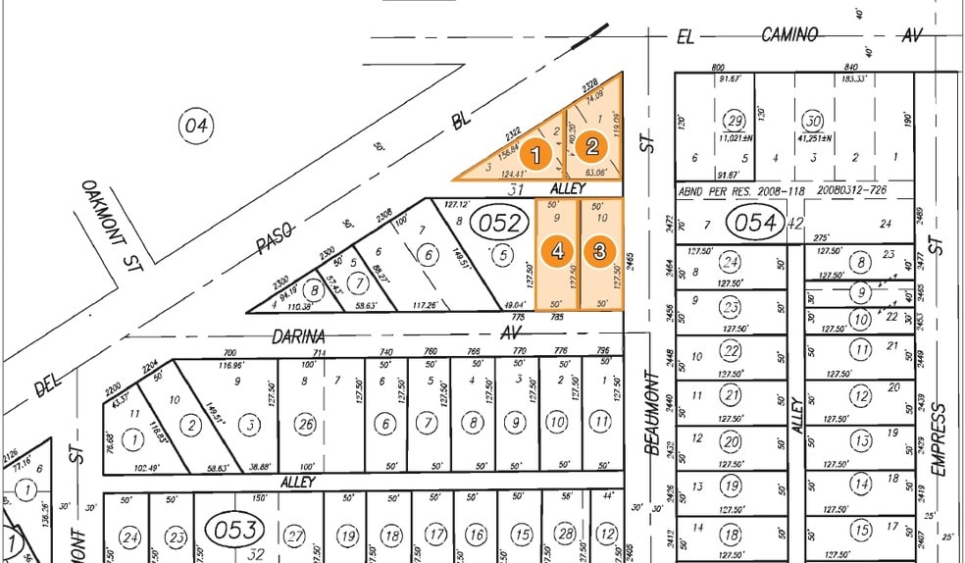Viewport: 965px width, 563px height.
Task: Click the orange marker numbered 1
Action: coord(535,154)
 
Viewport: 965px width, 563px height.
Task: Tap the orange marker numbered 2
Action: coord(591,147)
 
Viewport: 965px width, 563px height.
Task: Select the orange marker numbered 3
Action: coord(599,251)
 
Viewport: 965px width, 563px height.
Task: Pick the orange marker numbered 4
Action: coord(558,251)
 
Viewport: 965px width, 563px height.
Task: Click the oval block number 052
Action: coord(499,223)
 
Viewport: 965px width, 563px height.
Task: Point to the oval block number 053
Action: coord(234,531)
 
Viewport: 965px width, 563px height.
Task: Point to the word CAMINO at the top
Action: coord(789,35)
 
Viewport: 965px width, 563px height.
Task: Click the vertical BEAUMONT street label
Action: coord(651,412)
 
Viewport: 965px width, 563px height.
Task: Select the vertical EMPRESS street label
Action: coord(939,438)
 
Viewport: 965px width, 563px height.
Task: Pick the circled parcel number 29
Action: coord(734,121)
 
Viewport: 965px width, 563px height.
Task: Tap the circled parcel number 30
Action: coord(812,121)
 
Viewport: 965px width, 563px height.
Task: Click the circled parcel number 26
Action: coord(306,424)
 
